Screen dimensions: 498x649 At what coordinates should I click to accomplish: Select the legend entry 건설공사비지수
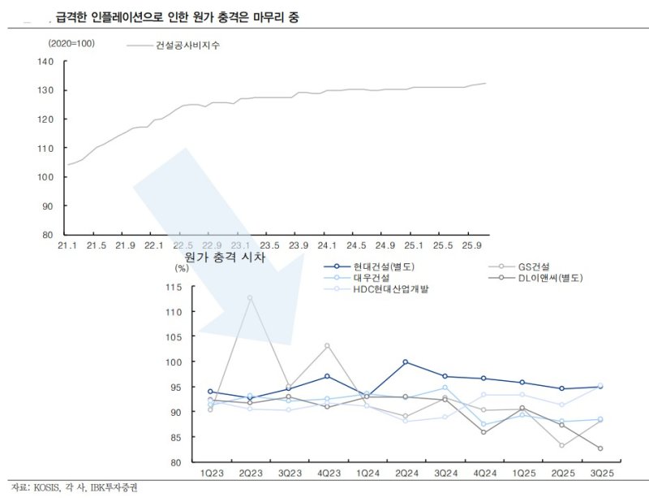coord(187,45)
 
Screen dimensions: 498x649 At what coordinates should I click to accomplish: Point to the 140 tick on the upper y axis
coord(45,62)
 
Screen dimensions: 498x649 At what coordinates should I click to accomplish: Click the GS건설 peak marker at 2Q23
coord(250,297)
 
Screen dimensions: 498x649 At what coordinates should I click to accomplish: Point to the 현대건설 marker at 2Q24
coord(405,362)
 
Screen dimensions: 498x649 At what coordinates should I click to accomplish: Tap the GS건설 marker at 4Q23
coord(327,346)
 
